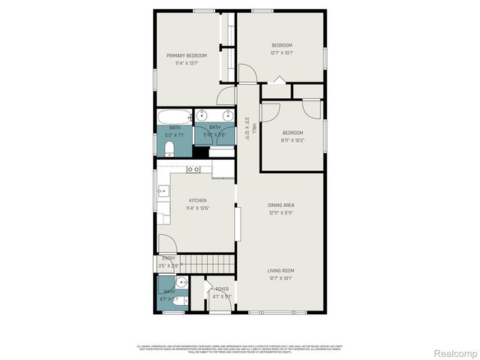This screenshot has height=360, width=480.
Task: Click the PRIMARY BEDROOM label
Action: tap(187, 55)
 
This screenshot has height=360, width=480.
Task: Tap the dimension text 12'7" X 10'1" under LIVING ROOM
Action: tap(281, 278)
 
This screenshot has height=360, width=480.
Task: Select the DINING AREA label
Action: tap(281, 205)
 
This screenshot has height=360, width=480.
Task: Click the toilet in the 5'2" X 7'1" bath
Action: tap(169, 148)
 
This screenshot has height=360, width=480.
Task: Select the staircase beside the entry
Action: tap(207, 263)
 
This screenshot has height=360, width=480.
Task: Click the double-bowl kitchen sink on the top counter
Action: tap(193, 170)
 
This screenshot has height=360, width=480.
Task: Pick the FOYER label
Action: tap(222, 289)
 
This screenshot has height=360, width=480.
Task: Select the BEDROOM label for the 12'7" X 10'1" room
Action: tap(281, 45)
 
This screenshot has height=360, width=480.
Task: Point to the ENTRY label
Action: tap(169, 259)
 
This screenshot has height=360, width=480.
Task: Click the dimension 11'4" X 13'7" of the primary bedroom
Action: tap(187, 64)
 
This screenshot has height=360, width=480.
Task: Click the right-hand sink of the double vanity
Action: tap(226, 115)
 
